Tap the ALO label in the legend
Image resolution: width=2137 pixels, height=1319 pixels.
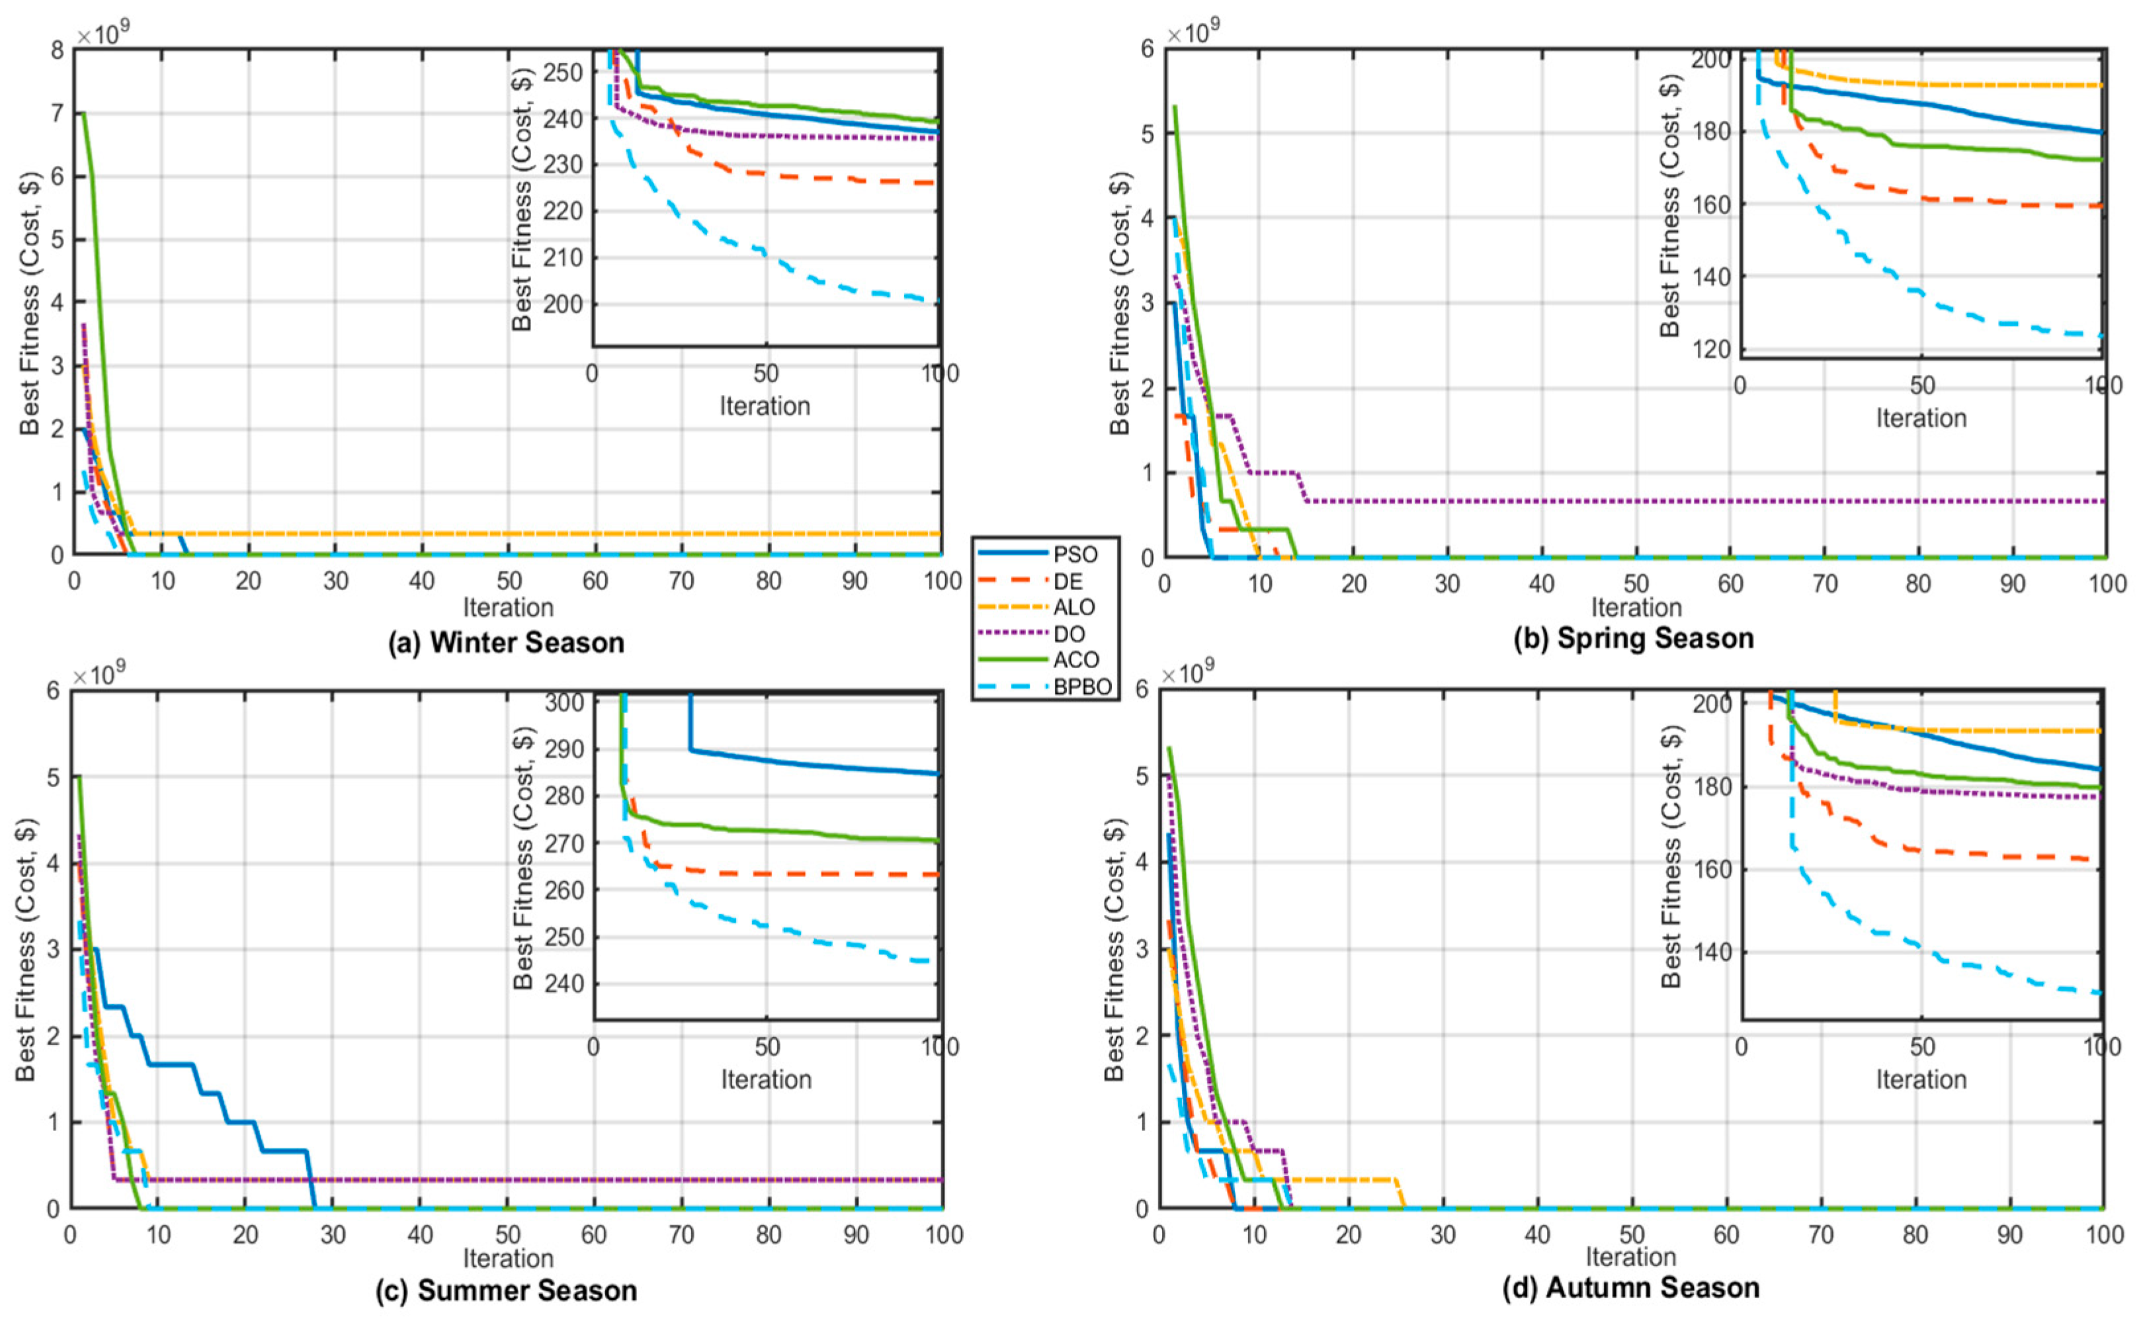pos(1073,607)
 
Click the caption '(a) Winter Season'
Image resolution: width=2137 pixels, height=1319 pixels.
pos(507,643)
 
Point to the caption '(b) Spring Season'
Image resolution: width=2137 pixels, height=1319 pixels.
pos(1634,638)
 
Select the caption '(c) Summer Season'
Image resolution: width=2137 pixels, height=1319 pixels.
pos(507,1290)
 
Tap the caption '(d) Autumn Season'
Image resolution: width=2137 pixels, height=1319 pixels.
pos(1631,1288)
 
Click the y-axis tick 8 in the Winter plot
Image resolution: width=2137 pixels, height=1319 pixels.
pos(58,50)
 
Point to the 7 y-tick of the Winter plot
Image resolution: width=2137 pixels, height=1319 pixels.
pos(58,113)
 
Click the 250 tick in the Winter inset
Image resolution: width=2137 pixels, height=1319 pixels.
pos(563,72)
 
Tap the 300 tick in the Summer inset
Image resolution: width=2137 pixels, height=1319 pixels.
pos(563,702)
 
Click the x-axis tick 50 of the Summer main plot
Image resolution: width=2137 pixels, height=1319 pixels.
pos(508,1235)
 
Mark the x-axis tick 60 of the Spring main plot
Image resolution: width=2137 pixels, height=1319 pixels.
pos(1730,583)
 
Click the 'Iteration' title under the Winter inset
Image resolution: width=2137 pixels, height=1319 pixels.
pos(765,407)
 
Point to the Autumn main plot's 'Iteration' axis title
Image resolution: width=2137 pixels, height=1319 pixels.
pos(1631,1257)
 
